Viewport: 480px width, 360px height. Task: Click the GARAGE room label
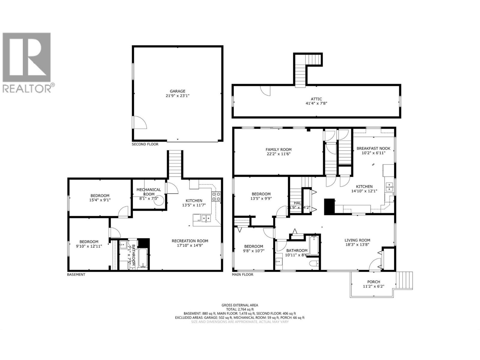(178, 91)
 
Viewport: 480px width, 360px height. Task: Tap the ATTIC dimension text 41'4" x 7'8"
(316, 103)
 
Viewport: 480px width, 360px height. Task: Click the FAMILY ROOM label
(278, 149)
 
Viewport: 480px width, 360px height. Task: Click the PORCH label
(373, 282)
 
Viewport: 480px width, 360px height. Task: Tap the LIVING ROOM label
(357, 240)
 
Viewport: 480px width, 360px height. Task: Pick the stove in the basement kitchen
(217, 196)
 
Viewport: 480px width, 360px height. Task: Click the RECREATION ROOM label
(190, 241)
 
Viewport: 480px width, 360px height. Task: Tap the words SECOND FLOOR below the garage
(145, 144)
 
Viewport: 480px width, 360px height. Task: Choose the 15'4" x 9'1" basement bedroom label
(100, 198)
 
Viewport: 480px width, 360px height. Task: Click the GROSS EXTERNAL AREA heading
(240, 305)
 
